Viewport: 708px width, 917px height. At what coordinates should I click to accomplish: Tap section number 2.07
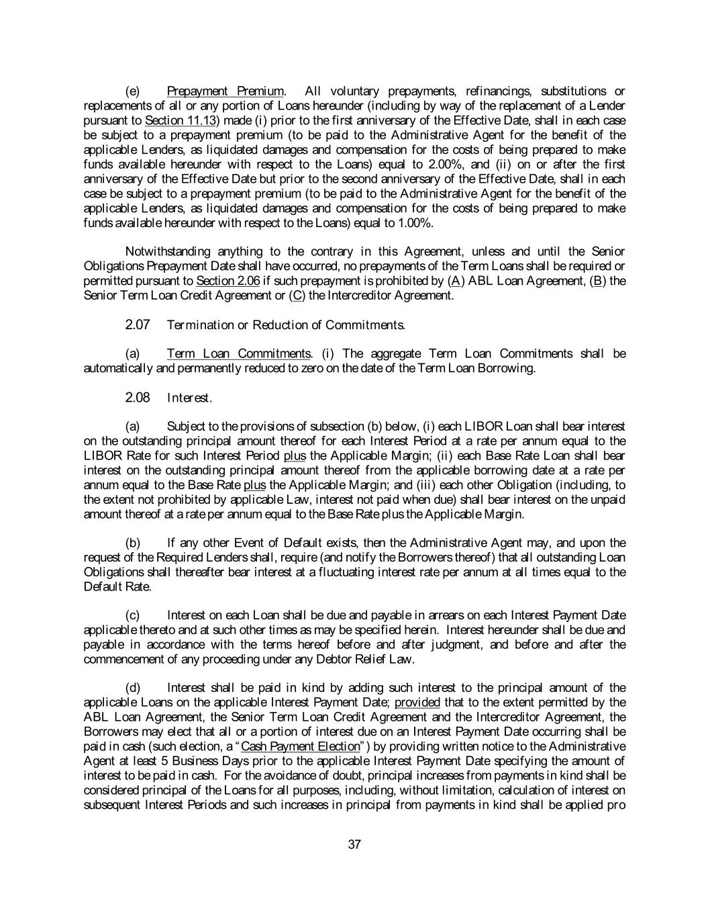[x=138, y=325]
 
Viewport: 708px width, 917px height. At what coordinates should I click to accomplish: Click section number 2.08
[x=138, y=398]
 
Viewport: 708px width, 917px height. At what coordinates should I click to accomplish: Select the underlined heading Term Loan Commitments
[x=239, y=354]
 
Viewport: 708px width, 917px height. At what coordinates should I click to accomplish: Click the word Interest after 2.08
[x=189, y=398]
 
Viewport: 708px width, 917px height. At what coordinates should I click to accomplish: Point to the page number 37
[x=355, y=845]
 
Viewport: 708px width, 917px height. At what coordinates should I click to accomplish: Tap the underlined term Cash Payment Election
[x=301, y=747]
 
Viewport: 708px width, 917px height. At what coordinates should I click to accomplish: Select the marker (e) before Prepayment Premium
[x=133, y=91]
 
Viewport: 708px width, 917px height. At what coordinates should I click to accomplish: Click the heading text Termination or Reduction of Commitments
[x=286, y=325]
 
